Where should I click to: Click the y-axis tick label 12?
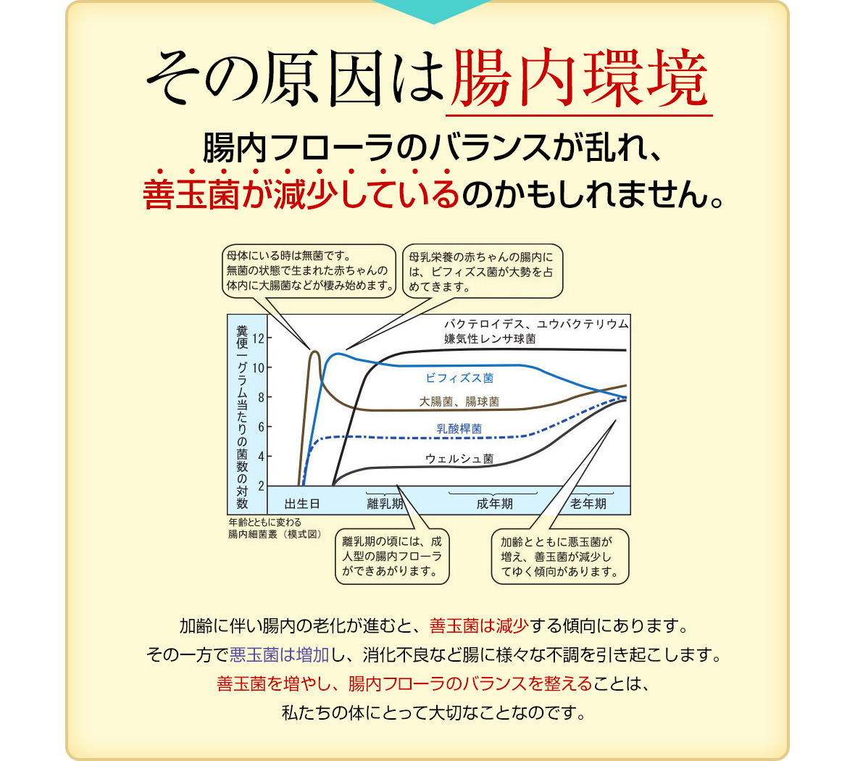point(258,338)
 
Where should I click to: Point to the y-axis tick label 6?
point(261,427)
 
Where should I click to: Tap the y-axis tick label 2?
point(261,486)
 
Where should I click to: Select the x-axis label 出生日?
point(302,504)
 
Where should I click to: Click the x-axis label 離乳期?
point(385,504)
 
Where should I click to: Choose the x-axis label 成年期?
point(495,504)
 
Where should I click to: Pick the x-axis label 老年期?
point(588,504)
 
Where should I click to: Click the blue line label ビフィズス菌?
point(459,378)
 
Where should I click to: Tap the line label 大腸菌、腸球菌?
point(459,402)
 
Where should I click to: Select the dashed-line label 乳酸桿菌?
point(459,429)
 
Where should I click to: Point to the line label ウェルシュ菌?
point(459,459)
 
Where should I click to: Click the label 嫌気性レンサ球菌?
point(490,338)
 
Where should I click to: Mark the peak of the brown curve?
point(314,352)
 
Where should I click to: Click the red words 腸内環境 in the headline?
point(579,78)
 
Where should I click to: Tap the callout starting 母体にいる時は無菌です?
point(309,270)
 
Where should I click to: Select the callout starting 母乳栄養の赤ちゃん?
point(483,271)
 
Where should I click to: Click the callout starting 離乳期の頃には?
point(392,557)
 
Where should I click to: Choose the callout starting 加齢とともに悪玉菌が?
point(560,557)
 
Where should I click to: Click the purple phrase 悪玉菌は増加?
point(279,654)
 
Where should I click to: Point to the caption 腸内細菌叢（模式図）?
point(275,534)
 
